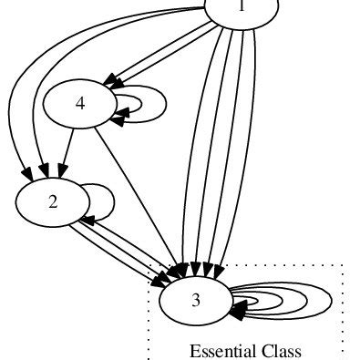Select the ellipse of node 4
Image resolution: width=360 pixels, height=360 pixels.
click(x=80, y=104)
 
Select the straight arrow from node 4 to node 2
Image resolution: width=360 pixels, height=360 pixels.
click(x=68, y=147)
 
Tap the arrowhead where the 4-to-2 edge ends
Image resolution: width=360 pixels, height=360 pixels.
click(x=61, y=170)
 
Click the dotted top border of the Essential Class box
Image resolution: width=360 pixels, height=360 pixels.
click(x=273, y=265)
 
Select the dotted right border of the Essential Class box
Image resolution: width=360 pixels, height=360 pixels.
click(x=342, y=310)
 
